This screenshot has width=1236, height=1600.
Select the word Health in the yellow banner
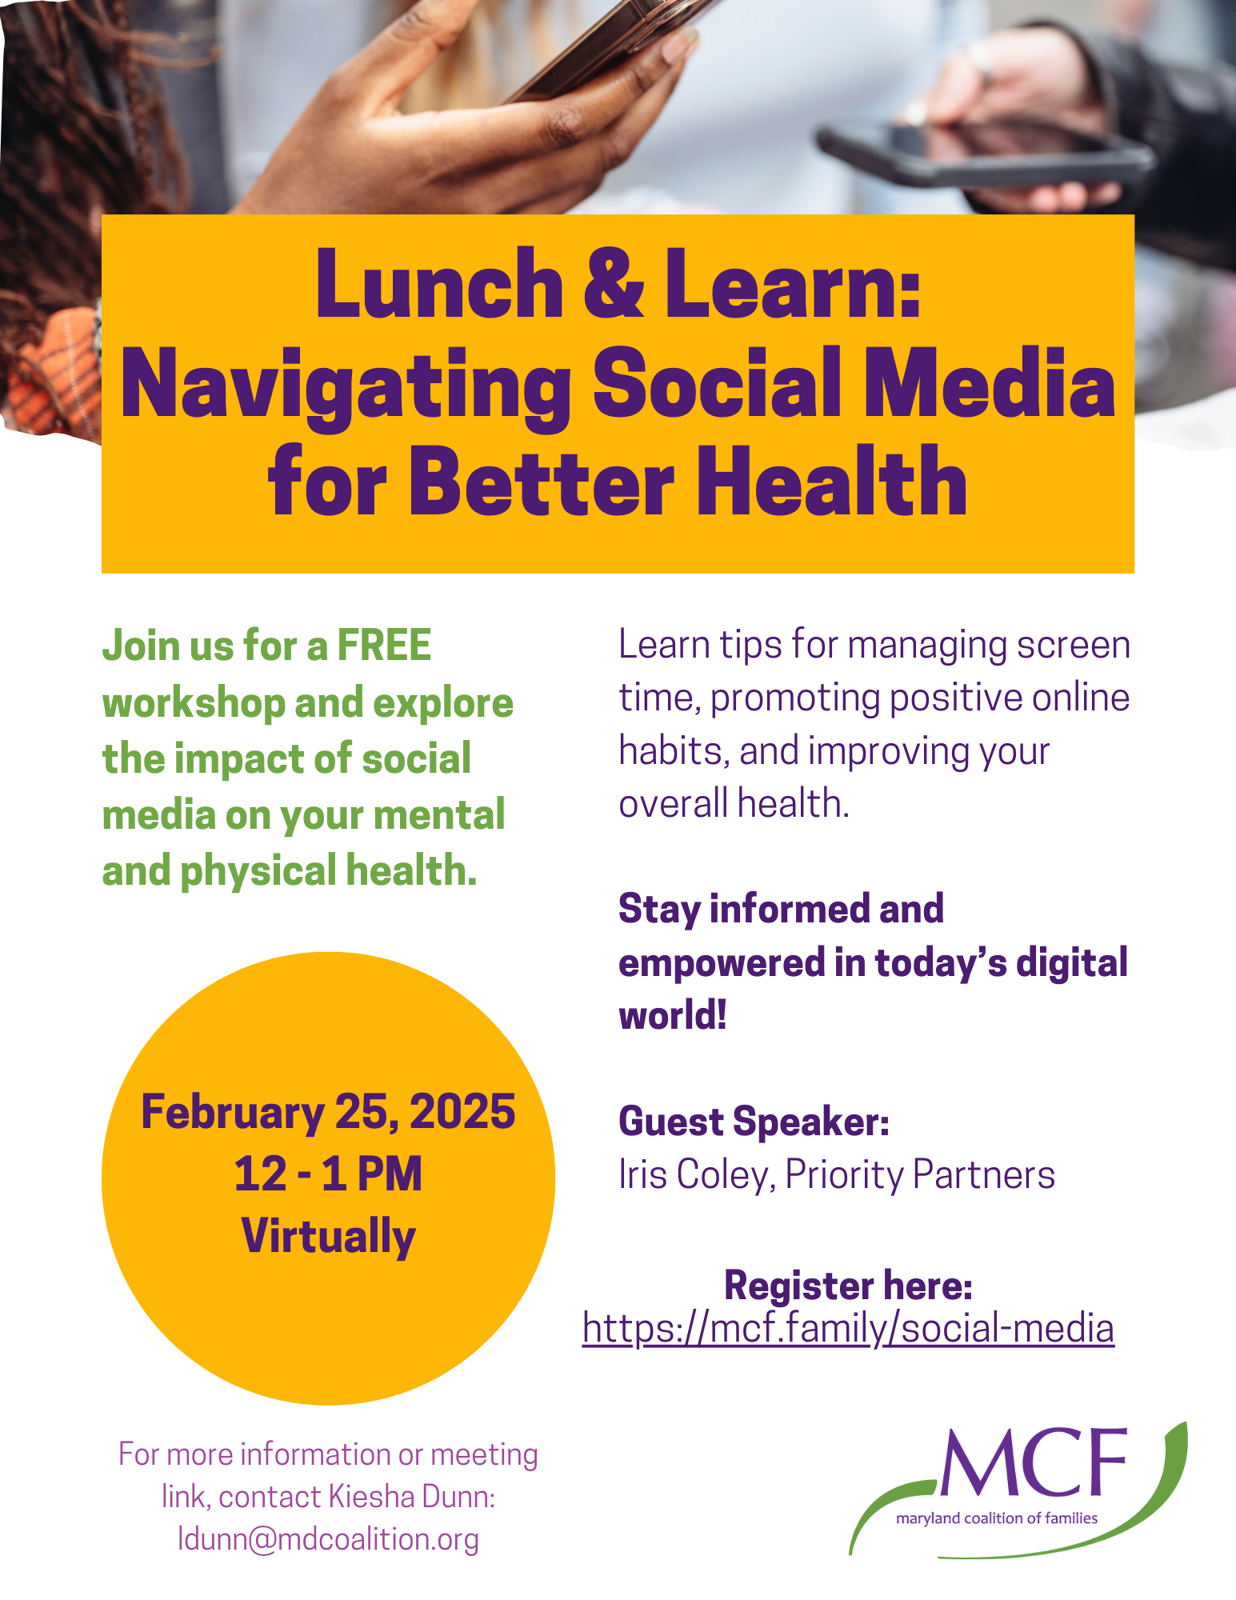click(x=832, y=482)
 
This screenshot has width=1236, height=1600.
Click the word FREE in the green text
click(x=384, y=645)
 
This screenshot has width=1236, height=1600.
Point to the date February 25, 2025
click(x=328, y=1111)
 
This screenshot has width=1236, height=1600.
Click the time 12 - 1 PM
click(x=328, y=1174)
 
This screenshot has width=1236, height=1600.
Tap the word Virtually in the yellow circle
click(x=328, y=1236)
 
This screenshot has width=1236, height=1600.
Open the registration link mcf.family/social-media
click(x=848, y=1328)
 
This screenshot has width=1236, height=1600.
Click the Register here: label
click(x=848, y=1285)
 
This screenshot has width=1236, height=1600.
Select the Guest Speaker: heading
click(x=754, y=1122)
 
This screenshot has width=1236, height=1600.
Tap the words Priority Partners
click(x=920, y=1175)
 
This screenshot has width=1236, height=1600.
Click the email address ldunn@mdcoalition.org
click(x=328, y=1539)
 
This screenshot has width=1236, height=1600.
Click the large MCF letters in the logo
click(x=1033, y=1463)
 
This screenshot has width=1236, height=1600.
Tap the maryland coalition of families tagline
click(x=997, y=1518)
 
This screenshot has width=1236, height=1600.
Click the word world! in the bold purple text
click(x=673, y=1015)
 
